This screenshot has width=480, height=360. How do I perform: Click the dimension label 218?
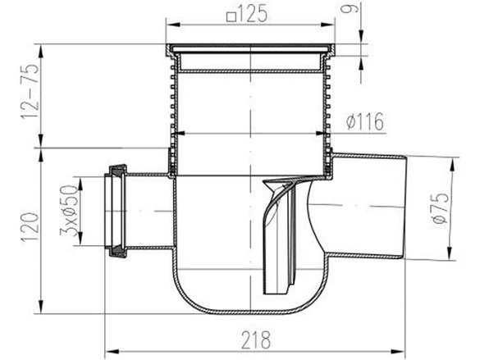[x=256, y=339]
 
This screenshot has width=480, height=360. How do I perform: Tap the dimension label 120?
[x=30, y=229]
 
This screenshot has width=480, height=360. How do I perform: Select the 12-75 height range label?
[x=30, y=91]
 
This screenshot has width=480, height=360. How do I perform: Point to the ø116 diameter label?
[x=365, y=121]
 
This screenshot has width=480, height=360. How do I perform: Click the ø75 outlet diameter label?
[x=441, y=208]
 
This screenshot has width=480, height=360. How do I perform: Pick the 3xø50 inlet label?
[x=69, y=211]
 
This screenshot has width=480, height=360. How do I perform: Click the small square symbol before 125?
[x=231, y=16]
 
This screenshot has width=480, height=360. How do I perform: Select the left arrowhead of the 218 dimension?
[x=112, y=351]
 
